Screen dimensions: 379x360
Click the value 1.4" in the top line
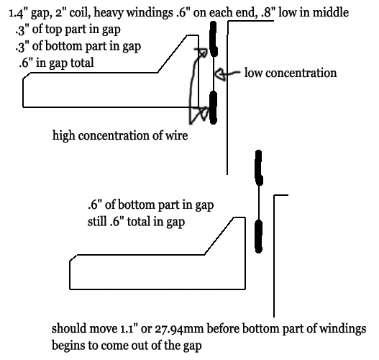coord(19,13)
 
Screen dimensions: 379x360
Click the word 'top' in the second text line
coord(54,30)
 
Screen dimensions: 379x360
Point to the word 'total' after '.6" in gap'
coord(82,63)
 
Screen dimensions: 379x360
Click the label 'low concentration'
coord(291,73)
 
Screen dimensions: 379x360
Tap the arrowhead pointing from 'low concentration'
coord(220,73)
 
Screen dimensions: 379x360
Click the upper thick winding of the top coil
coord(213,39)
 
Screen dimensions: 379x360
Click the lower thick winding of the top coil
coord(213,107)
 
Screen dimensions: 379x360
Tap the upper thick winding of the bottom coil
coord(259,168)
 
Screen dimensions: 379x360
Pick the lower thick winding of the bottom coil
coord(258,236)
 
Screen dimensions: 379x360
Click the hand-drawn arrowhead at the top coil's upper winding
coord(202,53)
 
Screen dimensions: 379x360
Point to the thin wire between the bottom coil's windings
coord(259,203)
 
